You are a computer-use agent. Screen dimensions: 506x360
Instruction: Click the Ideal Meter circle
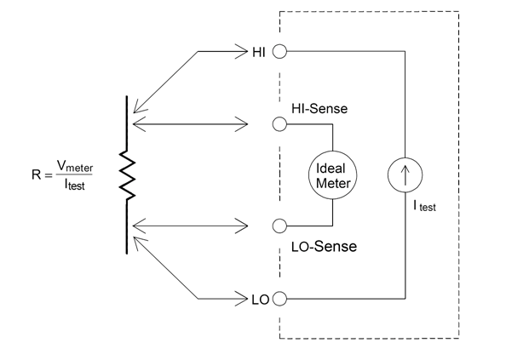[333, 151]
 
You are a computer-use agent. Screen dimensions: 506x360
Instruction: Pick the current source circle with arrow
[405, 158]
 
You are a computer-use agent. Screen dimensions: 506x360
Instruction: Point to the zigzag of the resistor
[127, 174]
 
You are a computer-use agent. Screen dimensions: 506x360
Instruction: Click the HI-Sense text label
[319, 109]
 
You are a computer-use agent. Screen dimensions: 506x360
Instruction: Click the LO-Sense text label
[324, 247]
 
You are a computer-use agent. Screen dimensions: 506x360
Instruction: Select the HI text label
[259, 52]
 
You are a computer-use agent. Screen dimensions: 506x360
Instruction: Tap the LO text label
[260, 300]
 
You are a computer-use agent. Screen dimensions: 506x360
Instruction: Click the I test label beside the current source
[425, 206]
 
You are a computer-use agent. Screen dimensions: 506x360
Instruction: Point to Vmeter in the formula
[75, 166]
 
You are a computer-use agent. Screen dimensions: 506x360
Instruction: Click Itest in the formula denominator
[75, 185]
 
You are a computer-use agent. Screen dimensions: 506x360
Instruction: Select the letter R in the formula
[36, 174]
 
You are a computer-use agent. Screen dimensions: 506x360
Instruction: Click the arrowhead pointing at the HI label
[241, 51]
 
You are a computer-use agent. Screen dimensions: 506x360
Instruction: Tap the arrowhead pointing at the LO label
[241, 299]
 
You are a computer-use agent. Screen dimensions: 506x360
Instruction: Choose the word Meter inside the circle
[333, 183]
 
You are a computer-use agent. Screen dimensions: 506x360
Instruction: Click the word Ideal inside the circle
[331, 169]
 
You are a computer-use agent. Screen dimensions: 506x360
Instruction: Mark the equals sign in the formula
[49, 175]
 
